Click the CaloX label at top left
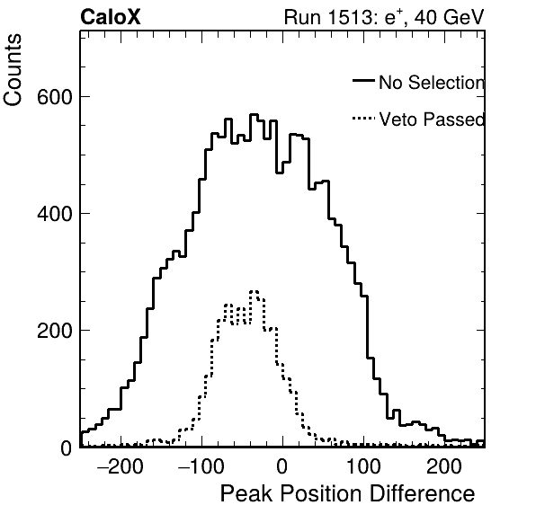110,17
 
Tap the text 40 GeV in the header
450,17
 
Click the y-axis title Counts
13,70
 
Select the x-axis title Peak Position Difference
347,493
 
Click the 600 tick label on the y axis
55,97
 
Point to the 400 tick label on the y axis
55,214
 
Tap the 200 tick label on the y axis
55,331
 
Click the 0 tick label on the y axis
67,448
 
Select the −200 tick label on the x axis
120,466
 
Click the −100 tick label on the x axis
201,466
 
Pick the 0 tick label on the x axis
282,466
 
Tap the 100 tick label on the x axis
363,466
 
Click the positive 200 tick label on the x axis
444,466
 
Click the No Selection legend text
432,83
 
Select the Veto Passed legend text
432,120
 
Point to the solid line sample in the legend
363,80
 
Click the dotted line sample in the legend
363,119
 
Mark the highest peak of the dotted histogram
254,291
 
